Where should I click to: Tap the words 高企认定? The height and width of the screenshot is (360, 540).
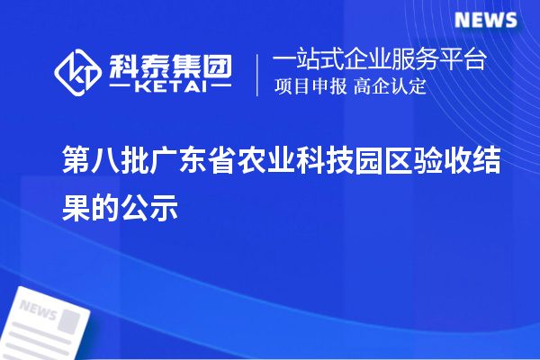[390, 87]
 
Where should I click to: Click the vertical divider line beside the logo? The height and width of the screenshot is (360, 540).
[258, 75]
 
